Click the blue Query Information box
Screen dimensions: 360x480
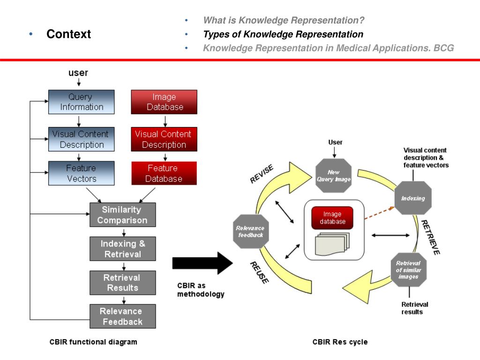click(x=82, y=102)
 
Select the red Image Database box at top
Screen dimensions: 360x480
click(x=165, y=102)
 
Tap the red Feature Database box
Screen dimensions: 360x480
click(x=164, y=173)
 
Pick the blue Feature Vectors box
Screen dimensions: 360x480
click(x=82, y=173)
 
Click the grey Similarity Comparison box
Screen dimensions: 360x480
click(x=122, y=215)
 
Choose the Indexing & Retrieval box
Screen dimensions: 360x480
click(x=122, y=249)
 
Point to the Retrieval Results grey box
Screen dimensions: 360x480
click(x=122, y=283)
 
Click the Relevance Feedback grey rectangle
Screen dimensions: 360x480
click(x=122, y=316)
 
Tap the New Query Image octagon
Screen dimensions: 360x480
click(x=333, y=176)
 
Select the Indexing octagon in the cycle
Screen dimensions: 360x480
click(x=413, y=198)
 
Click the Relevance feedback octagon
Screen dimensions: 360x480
click(x=251, y=231)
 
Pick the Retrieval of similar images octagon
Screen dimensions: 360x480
click(x=408, y=270)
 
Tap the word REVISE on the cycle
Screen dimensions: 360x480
click(x=262, y=174)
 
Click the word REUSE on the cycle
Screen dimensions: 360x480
click(x=259, y=272)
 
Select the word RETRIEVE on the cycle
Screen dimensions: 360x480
click(x=430, y=237)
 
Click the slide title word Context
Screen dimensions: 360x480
click(x=68, y=34)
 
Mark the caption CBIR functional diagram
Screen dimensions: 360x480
click(x=93, y=342)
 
